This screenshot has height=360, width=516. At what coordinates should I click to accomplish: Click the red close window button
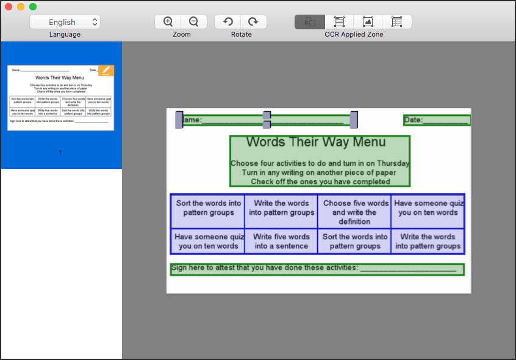[9, 7]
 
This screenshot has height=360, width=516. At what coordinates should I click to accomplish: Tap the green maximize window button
[33, 7]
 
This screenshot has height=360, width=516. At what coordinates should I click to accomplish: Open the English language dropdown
[65, 22]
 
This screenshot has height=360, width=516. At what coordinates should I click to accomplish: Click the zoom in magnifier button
[168, 22]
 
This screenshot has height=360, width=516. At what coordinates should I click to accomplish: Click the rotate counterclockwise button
[228, 22]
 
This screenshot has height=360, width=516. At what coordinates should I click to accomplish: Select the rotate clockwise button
[253, 22]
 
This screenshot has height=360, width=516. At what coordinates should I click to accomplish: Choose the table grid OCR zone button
[396, 22]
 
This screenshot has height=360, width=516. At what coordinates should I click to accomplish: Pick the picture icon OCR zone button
[368, 22]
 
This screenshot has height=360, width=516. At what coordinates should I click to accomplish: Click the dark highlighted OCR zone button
[310, 22]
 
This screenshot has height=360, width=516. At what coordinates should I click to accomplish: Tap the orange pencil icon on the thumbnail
[106, 70]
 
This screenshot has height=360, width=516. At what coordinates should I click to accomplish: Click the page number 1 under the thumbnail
[60, 153]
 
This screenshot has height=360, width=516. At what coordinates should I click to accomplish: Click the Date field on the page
[437, 120]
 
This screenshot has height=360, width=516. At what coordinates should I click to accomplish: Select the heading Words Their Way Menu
[316, 142]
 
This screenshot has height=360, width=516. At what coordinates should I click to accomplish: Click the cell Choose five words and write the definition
[355, 212]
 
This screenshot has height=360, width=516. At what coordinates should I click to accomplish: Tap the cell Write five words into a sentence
[281, 241]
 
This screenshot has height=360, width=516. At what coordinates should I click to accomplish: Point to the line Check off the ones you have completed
[320, 181]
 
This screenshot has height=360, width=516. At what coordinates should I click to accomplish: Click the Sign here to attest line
[317, 268]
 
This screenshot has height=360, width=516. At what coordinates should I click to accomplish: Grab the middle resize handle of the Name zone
[267, 120]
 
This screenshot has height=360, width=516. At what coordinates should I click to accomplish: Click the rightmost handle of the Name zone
[354, 120]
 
